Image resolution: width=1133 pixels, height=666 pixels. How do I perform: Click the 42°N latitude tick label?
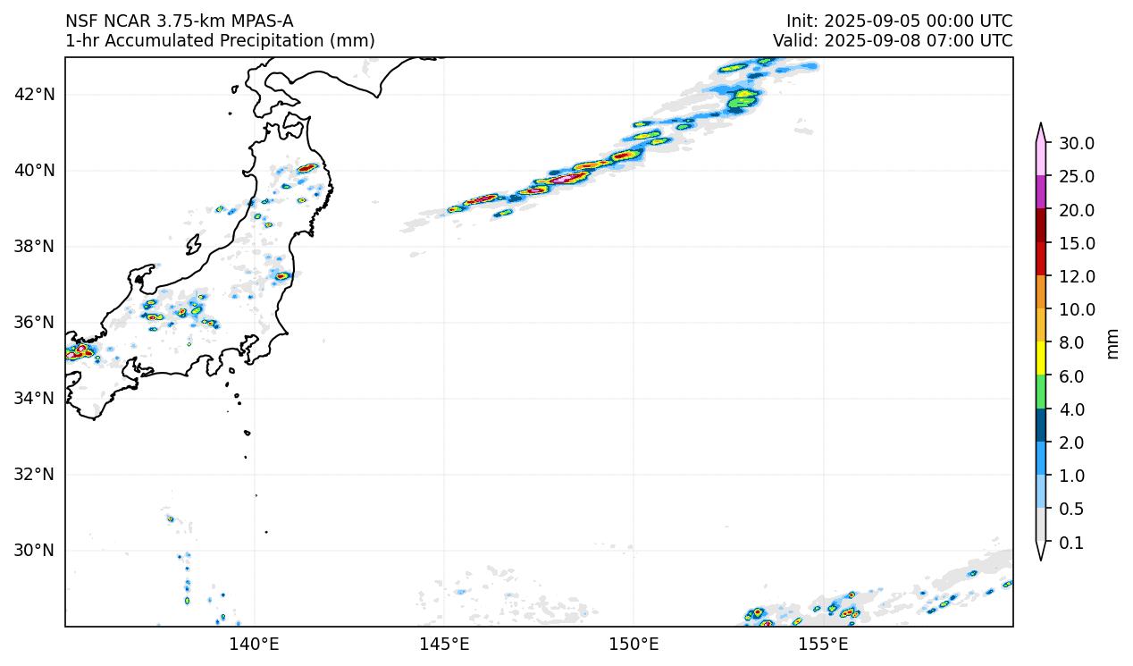(x=35, y=95)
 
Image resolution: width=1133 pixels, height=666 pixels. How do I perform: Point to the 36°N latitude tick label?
(x=35, y=323)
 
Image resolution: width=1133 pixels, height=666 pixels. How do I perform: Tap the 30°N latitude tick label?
(x=35, y=551)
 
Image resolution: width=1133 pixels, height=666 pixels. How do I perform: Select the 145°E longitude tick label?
(x=444, y=643)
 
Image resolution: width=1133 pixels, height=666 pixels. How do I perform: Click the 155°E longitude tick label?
(x=823, y=643)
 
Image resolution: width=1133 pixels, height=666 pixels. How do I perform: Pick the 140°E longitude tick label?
(x=255, y=643)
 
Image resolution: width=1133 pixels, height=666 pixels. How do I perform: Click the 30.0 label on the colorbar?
(x=1076, y=144)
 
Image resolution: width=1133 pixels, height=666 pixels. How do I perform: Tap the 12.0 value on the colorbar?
(x=1076, y=277)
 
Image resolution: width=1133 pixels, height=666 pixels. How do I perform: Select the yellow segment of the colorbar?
(x=1041, y=359)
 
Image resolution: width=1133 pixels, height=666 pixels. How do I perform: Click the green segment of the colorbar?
(x=1041, y=392)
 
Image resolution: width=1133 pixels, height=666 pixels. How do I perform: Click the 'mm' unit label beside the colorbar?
(x=1112, y=343)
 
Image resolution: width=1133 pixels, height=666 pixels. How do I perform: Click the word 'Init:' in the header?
(x=801, y=21)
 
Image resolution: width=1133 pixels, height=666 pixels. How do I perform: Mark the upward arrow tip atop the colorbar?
(x=1041, y=125)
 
